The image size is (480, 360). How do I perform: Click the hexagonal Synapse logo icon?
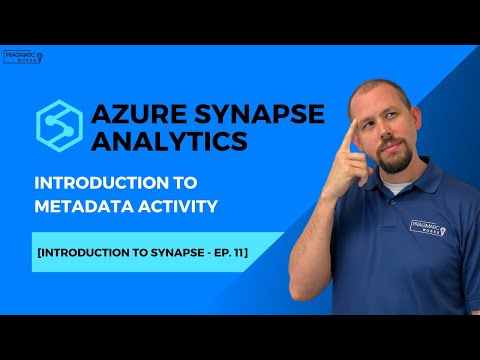[61, 124]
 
